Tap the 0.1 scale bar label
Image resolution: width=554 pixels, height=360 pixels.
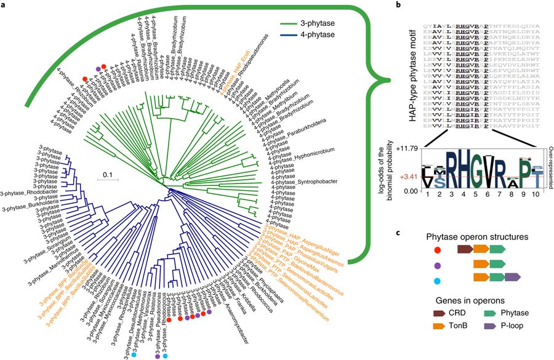click(x=106, y=174)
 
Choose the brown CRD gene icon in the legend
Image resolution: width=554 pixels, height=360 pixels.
click(x=437, y=313)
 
